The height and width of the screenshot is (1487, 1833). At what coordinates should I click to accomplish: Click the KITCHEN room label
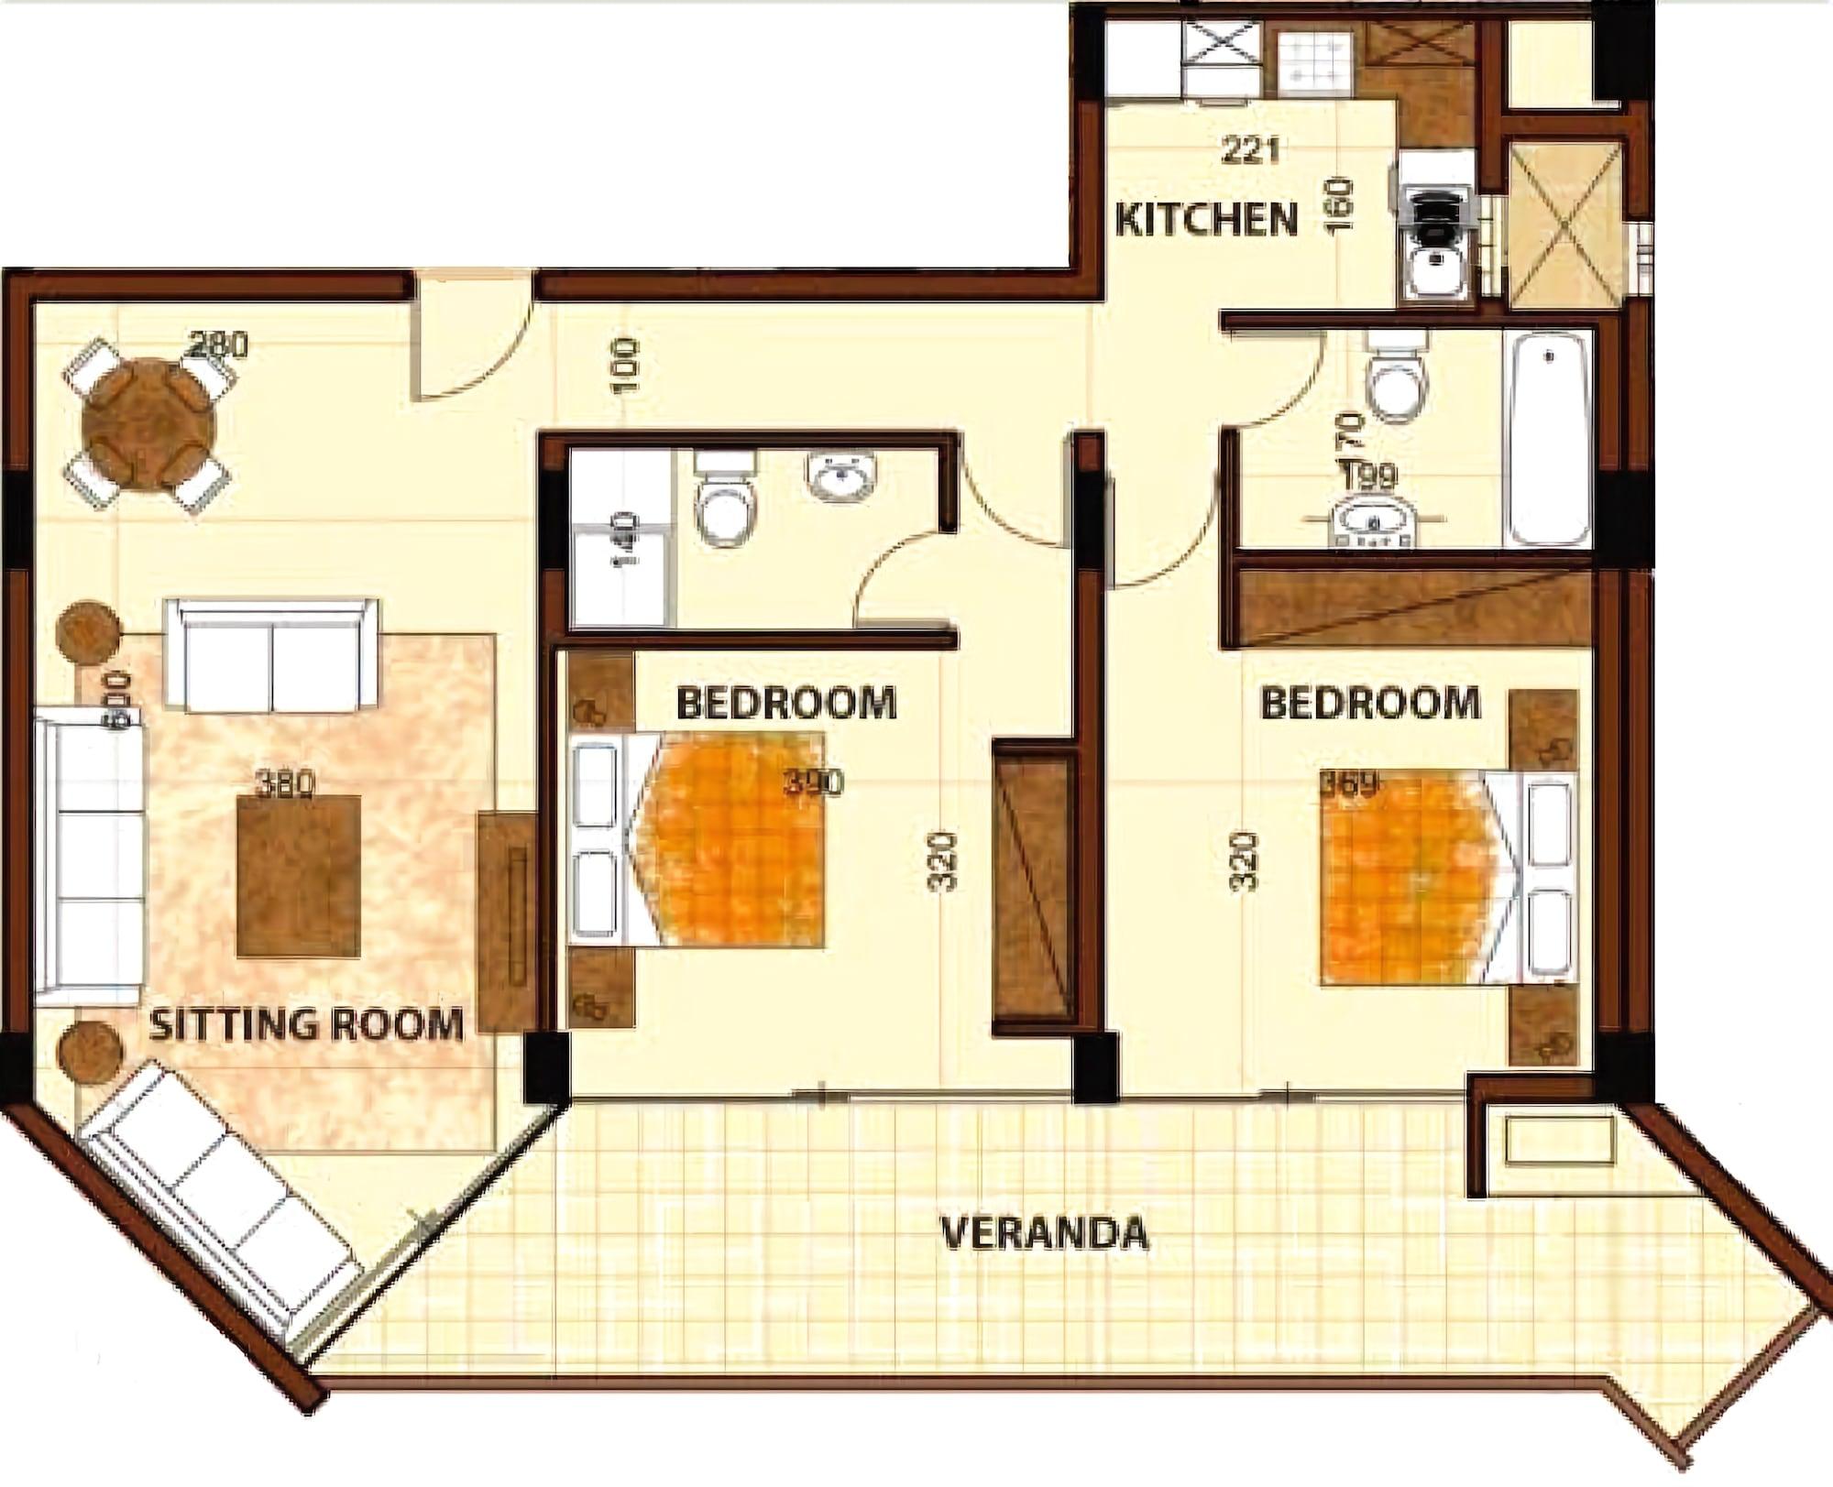(1207, 221)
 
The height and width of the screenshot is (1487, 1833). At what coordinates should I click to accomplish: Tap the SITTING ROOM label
(306, 1023)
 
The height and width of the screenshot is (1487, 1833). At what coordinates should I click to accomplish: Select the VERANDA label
(1045, 1233)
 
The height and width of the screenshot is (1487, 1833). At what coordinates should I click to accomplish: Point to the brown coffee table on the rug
(298, 877)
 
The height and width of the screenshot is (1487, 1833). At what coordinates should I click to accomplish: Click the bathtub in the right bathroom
(1549, 439)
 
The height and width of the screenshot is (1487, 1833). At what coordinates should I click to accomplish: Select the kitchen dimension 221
(1249, 150)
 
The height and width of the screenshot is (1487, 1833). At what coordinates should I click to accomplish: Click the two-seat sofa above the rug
(271, 654)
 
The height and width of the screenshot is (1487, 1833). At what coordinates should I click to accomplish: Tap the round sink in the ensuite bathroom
(842, 476)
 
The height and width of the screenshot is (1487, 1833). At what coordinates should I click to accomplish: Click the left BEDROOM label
(785, 704)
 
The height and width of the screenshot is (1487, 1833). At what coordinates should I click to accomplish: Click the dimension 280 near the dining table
(218, 345)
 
